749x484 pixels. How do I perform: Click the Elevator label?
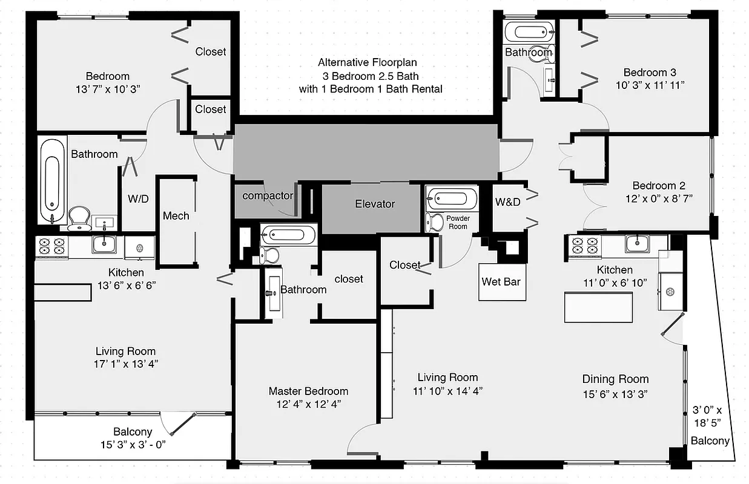pos(375,204)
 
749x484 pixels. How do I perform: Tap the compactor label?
pos(268,195)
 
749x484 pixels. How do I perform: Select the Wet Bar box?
pos(501,281)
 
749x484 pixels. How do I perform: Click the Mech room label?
pos(176,216)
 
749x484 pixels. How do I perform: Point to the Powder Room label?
pos(457,222)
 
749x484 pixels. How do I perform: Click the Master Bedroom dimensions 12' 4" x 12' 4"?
pos(308,405)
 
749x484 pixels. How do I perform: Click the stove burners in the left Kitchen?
pos(51,245)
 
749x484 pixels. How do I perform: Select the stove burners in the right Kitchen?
pos(584,245)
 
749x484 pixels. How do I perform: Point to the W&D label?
pos(507,202)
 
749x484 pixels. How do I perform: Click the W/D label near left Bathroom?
pos(138,198)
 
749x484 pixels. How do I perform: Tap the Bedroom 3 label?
pos(650,72)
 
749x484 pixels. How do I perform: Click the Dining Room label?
pos(615,379)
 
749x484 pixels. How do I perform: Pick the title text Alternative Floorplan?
pos(368,62)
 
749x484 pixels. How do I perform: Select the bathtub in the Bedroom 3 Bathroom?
pos(529,30)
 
